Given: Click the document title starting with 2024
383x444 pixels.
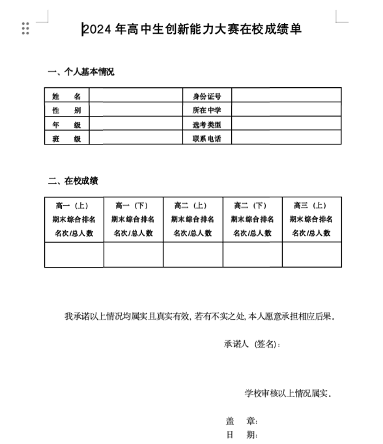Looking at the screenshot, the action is pyautogui.click(x=192, y=29).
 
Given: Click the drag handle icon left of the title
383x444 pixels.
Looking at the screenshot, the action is pyautogui.click(x=25, y=29).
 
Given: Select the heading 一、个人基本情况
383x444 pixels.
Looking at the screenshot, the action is pyautogui.click(x=81, y=72).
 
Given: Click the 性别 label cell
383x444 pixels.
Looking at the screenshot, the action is pyautogui.click(x=67, y=110).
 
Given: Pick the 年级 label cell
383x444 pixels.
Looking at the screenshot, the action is pyautogui.click(x=67, y=124).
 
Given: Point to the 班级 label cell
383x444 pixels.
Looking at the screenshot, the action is pyautogui.click(x=67, y=139).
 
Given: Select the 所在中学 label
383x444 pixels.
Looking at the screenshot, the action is pyautogui.click(x=206, y=110).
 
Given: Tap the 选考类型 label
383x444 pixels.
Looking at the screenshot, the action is pyautogui.click(x=206, y=124).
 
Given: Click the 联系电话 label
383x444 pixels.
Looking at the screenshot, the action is pyautogui.click(x=206, y=139).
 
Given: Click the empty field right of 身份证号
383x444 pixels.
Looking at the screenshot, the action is pyautogui.click(x=286, y=96).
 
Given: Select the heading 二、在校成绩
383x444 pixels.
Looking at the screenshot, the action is pyautogui.click(x=73, y=181).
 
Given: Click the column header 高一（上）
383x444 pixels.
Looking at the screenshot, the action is pyautogui.click(x=74, y=206).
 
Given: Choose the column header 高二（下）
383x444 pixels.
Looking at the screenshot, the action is pyautogui.click(x=251, y=206).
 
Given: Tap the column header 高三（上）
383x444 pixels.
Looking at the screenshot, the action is pyautogui.click(x=311, y=206).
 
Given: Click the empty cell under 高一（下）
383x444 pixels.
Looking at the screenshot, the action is pyautogui.click(x=133, y=255).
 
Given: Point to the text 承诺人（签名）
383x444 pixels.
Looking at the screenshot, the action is pyautogui.click(x=252, y=344).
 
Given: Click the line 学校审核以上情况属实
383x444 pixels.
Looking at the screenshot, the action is pyautogui.click(x=287, y=393).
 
